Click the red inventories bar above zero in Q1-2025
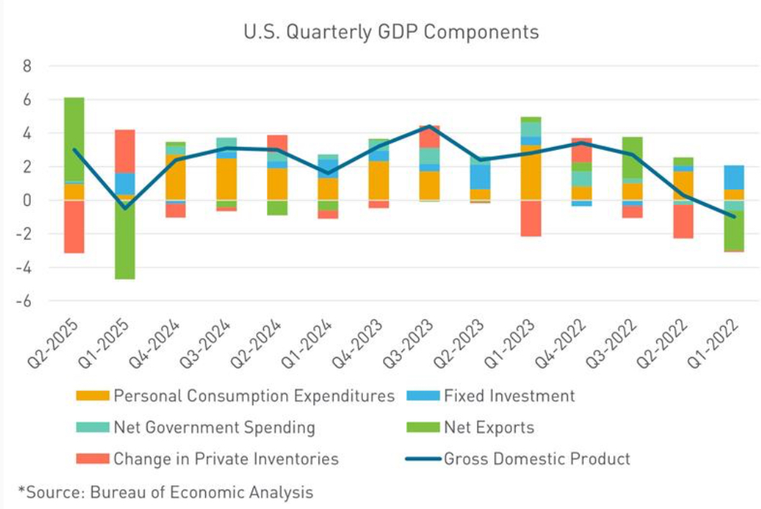coord(125,151)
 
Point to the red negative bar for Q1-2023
coord(531,218)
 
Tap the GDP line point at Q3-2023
coord(430,126)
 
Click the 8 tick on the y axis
coord(28,66)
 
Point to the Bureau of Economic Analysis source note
coord(166,492)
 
